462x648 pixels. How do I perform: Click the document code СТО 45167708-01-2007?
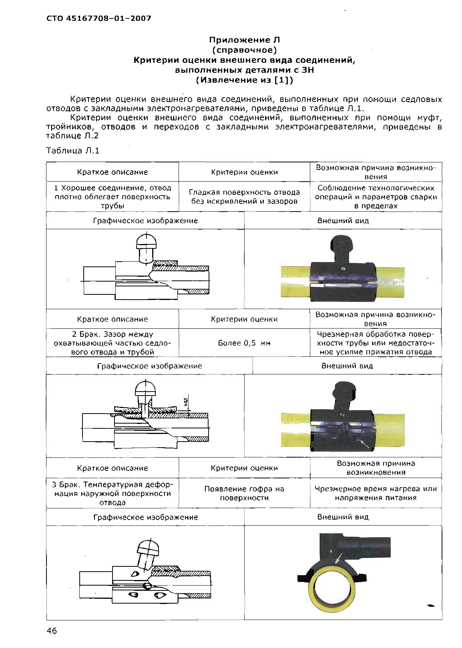pyautogui.click(x=99, y=18)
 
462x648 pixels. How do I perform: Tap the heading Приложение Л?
pyautogui.click(x=244, y=40)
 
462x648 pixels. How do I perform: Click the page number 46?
pyautogui.click(x=52, y=631)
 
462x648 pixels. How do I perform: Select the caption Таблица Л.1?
pyautogui.click(x=72, y=150)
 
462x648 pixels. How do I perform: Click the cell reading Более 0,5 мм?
pyautogui.click(x=244, y=343)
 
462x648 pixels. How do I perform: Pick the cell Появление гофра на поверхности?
pyautogui.click(x=244, y=493)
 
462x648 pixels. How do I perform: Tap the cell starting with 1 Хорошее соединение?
pyautogui.click(x=112, y=197)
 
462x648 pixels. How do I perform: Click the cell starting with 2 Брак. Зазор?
pyautogui.click(x=112, y=343)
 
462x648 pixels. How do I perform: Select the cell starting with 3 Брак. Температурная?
pyautogui.click(x=112, y=493)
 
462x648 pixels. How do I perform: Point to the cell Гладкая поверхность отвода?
pyautogui.click(x=244, y=197)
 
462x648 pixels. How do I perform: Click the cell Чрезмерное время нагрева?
pyautogui.click(x=376, y=493)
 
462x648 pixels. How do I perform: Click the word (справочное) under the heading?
pyautogui.click(x=244, y=50)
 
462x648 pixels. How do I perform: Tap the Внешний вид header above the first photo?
pyautogui.click(x=343, y=220)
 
